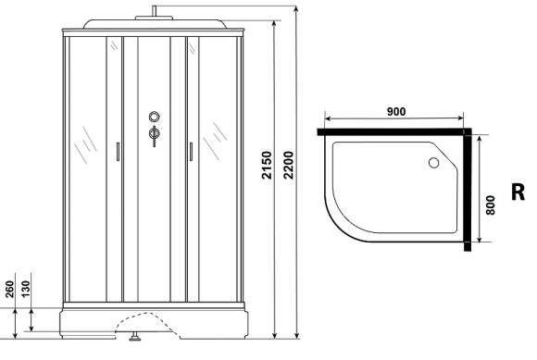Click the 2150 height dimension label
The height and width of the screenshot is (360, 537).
pyautogui.click(x=267, y=166)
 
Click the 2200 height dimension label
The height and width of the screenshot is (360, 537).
pyautogui.click(x=288, y=166)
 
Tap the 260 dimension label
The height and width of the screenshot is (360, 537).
pyautogui.click(x=9, y=289)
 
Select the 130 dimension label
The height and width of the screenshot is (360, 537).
pyautogui.click(x=25, y=289)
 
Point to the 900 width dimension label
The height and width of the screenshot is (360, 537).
pyautogui.click(x=396, y=111)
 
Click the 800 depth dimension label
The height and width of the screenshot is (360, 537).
pyautogui.click(x=491, y=205)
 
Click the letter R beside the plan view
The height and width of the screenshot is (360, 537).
pyautogui.click(x=518, y=192)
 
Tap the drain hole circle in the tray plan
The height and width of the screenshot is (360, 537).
pyautogui.click(x=434, y=163)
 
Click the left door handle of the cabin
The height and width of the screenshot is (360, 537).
pyautogui.click(x=119, y=152)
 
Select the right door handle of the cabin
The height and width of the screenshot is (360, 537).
pyautogui.click(x=191, y=152)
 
